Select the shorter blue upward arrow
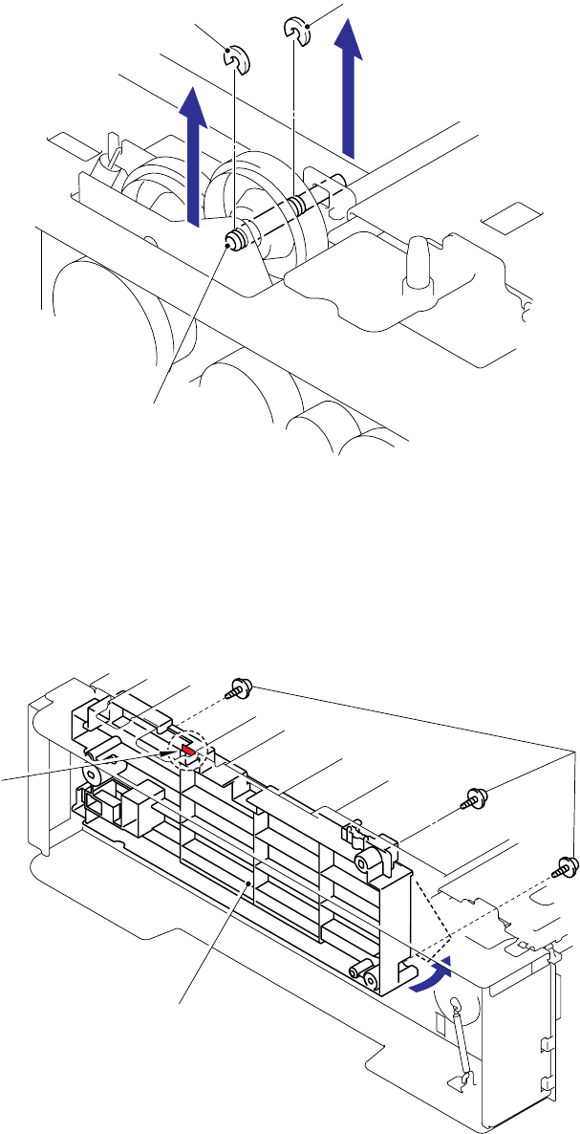[194, 153]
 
